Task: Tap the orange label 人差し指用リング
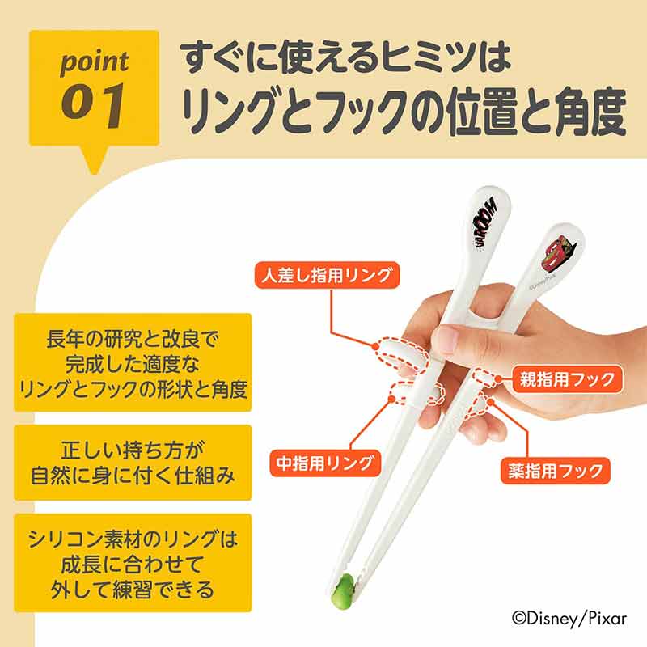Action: click(328, 275)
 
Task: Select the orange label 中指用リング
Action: click(325, 463)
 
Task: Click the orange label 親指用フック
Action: click(567, 378)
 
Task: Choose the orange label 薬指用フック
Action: click(556, 471)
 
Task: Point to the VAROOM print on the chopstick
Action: click(485, 223)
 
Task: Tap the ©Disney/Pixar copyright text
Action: click(569, 618)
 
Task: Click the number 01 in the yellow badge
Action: click(93, 105)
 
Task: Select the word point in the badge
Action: click(95, 63)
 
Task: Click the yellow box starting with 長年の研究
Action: click(133, 362)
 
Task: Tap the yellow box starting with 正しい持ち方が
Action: click(133, 463)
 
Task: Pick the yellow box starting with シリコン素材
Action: click(133, 563)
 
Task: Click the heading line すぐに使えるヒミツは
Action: click(346, 57)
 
